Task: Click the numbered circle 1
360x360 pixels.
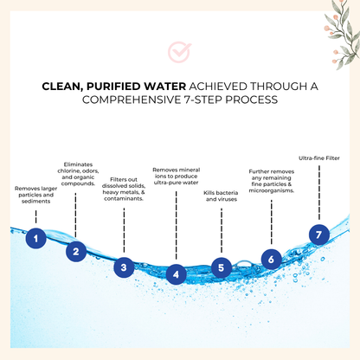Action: [35, 239]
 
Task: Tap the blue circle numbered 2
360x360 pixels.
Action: [76, 252]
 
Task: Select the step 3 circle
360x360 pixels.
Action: [124, 267]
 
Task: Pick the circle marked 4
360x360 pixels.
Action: [176, 274]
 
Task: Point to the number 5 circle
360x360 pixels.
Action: [222, 267]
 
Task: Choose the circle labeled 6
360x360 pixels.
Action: [272, 260]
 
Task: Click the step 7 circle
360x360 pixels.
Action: [319, 235]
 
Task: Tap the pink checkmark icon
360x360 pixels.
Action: [179, 52]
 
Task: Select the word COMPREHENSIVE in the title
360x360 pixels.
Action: [132, 100]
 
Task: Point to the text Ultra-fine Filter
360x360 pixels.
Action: [319, 158]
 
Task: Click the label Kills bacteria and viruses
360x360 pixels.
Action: [221, 196]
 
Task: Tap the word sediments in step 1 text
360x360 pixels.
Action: [35, 202]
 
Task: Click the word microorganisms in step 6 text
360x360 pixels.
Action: [272, 190]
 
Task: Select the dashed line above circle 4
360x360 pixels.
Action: [176, 225]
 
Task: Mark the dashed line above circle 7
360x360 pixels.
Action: [319, 192]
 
